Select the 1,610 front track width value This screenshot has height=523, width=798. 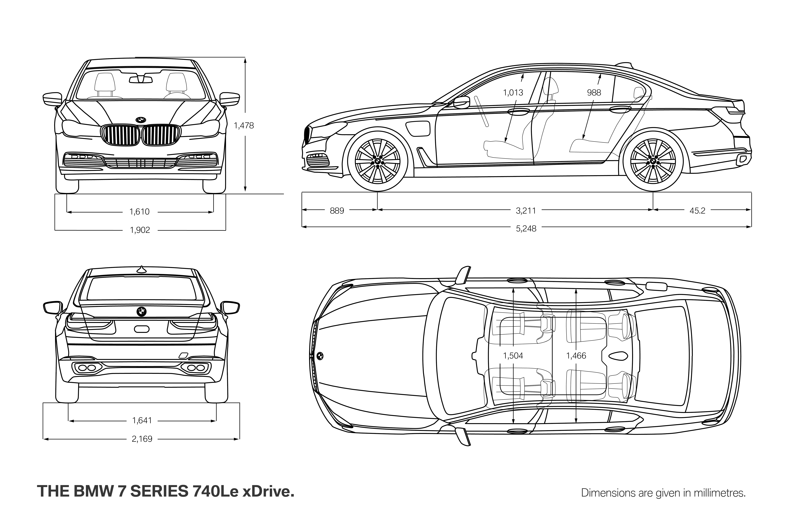coord(139,212)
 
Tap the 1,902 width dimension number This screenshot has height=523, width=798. coord(140,230)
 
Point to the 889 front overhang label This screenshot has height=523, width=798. coord(337,211)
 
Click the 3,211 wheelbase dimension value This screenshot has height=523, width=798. coord(526,211)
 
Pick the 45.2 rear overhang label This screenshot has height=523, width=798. coord(697,211)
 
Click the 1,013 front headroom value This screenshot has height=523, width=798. coord(513,93)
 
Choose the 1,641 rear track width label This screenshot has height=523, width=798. coord(142,420)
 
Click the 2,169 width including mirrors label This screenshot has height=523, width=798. coord(142,439)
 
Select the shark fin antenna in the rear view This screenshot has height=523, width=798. coord(142,269)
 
